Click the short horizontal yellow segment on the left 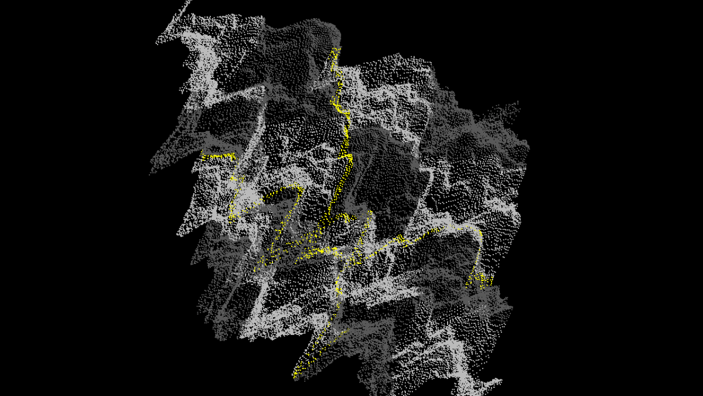(x=218, y=156)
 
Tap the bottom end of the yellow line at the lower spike (x=295, y=376)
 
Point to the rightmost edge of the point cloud (x=528, y=147)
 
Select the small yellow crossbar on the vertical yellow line (x=346, y=157)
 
